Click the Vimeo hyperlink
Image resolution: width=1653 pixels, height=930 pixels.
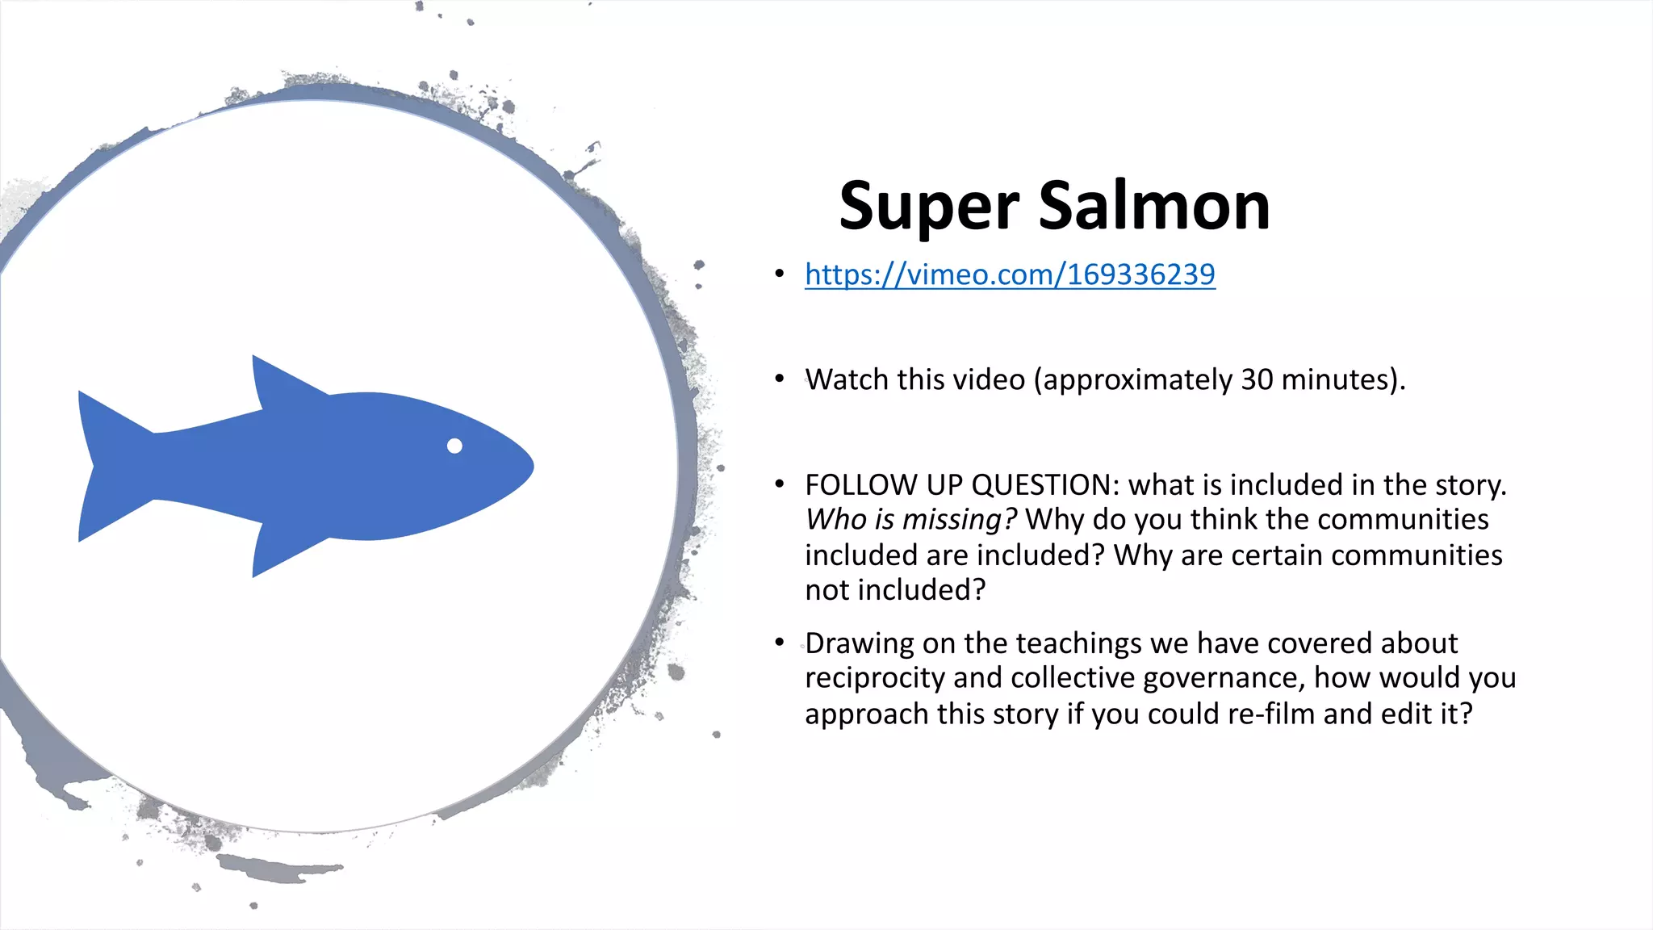(x=1009, y=274)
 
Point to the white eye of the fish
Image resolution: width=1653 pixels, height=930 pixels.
(x=454, y=446)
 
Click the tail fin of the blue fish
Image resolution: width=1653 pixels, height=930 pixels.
(x=105, y=466)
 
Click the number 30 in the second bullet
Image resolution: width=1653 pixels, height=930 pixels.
(x=1257, y=379)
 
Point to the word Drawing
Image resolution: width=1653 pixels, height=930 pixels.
(x=860, y=643)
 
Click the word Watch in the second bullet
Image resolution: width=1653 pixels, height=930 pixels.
(x=843, y=379)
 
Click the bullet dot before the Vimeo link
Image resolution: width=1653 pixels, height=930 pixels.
(x=779, y=274)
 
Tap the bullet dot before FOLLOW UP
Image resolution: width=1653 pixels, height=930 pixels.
(x=779, y=484)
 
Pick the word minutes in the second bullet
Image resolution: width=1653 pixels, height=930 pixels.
(x=1340, y=379)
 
